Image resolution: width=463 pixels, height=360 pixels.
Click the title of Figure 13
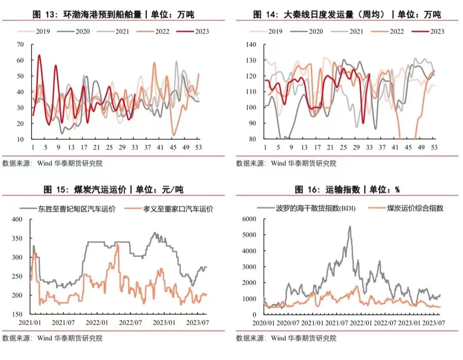[x=114, y=15]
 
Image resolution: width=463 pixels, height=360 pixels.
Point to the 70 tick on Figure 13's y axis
[x=20, y=45]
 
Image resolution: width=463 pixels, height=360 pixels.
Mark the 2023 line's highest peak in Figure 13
[x=39, y=55]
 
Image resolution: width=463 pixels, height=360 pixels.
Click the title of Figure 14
[x=347, y=15]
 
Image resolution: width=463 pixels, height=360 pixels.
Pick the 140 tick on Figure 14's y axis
[x=250, y=45]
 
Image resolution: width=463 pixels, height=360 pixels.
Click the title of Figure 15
[x=114, y=190]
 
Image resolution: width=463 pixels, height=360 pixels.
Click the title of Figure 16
[x=347, y=190]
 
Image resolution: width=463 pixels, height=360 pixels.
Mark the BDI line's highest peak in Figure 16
[x=349, y=227]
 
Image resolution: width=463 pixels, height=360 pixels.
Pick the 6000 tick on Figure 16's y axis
[x=249, y=219]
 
